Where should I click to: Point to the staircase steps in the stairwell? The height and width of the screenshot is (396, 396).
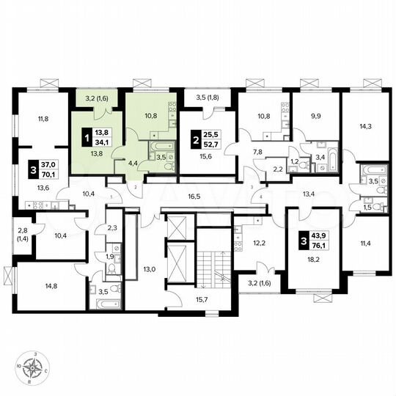point(213,268)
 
